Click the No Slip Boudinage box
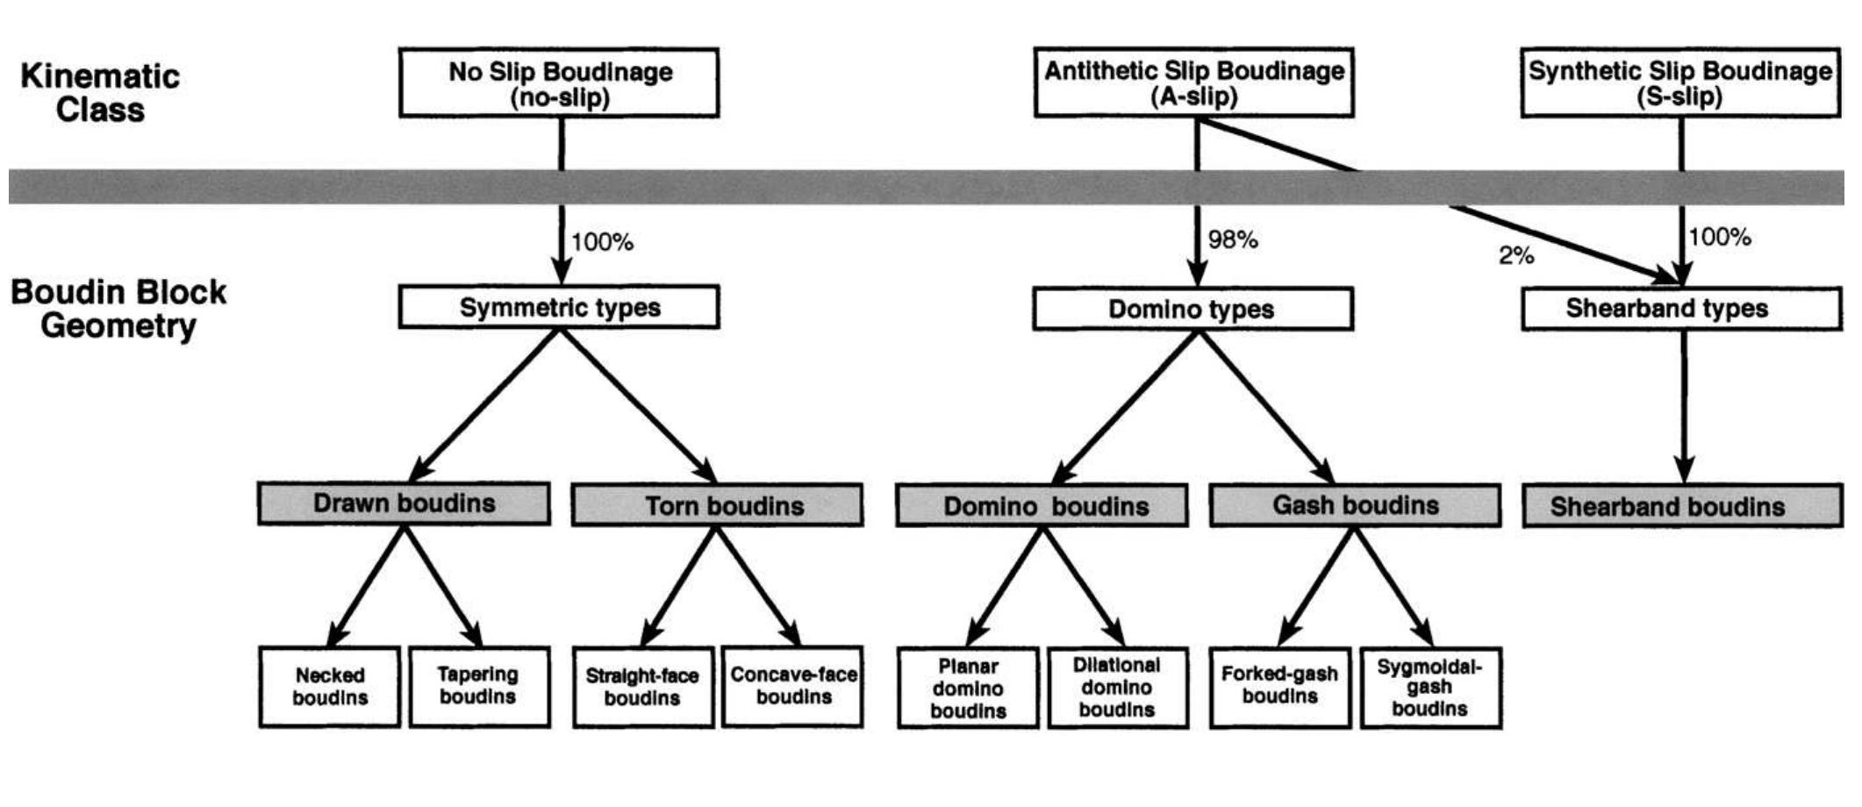click(x=559, y=83)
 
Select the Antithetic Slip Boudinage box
click(x=1193, y=83)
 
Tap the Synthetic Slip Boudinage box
click(x=1679, y=83)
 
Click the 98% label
click(x=1232, y=239)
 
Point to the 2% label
click(x=1515, y=256)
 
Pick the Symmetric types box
click(x=559, y=308)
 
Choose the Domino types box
click(x=1192, y=310)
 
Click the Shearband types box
click(x=1680, y=309)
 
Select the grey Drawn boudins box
click(x=404, y=503)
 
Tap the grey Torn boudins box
click(x=717, y=505)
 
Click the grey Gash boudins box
click(x=1355, y=505)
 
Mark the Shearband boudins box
click(x=1681, y=506)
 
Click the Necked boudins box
click(x=330, y=687)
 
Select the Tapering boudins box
click(x=479, y=687)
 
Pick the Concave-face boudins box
click(x=792, y=687)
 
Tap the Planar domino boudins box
click(x=968, y=689)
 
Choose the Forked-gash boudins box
click(x=1279, y=687)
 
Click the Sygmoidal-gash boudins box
click(x=1430, y=688)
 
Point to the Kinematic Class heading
click(x=100, y=93)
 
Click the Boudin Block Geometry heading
click(x=118, y=309)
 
